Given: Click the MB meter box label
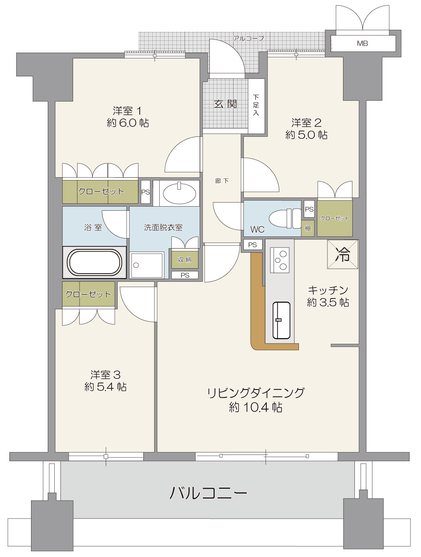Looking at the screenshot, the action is pos(362,43).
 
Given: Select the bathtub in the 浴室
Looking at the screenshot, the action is pos(94,263).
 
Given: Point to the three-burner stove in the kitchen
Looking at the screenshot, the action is pos(280,260).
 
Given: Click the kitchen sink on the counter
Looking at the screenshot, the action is pos(281,320).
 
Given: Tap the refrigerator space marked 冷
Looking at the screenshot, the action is pos(343,254).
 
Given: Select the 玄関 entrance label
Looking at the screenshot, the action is pos(225,104).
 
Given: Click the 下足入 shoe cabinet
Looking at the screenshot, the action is pos(256,106).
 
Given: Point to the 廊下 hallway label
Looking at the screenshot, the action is pos(222,180).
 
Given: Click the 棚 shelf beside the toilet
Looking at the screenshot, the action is pos(307,228).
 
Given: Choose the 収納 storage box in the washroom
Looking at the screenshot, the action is pos(185,259).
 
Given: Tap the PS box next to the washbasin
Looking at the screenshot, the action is pos(145,192).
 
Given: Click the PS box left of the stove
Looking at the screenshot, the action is pos(252,245).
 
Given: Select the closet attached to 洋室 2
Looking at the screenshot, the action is pos(335,218).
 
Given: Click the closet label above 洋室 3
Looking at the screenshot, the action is pos(88,294).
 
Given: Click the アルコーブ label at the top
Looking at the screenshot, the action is pos(248,38).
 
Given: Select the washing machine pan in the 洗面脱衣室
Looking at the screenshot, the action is pos(147,265).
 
